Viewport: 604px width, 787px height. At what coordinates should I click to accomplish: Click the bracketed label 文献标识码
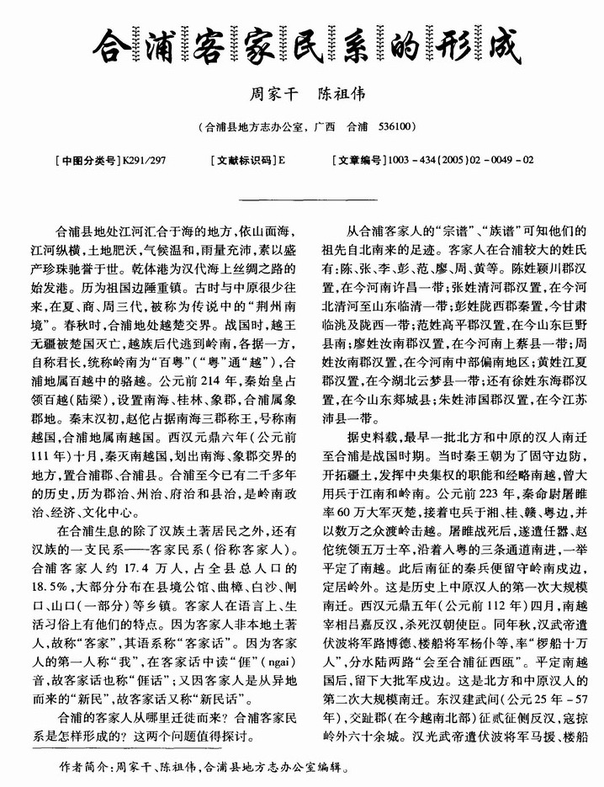coord(244,158)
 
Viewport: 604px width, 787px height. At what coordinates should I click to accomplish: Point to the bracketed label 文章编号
coord(359,158)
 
